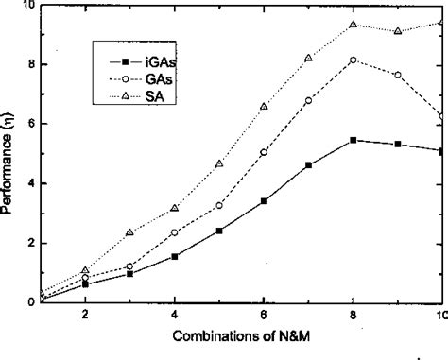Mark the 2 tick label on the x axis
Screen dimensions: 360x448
coord(85,315)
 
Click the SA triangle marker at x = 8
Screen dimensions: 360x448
coord(353,25)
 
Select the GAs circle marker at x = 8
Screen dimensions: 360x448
coord(353,60)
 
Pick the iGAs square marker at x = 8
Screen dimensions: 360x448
coord(353,140)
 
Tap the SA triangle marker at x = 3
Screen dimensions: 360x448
coord(129,232)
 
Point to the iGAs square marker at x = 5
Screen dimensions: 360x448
coord(219,231)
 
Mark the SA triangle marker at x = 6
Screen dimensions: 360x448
coord(264,107)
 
